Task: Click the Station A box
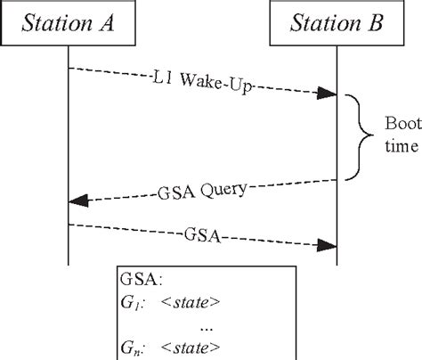tap(68, 22)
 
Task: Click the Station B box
tap(337, 22)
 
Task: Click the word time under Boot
tap(400, 150)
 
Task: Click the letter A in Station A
tap(112, 22)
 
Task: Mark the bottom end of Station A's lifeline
tap(68, 264)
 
